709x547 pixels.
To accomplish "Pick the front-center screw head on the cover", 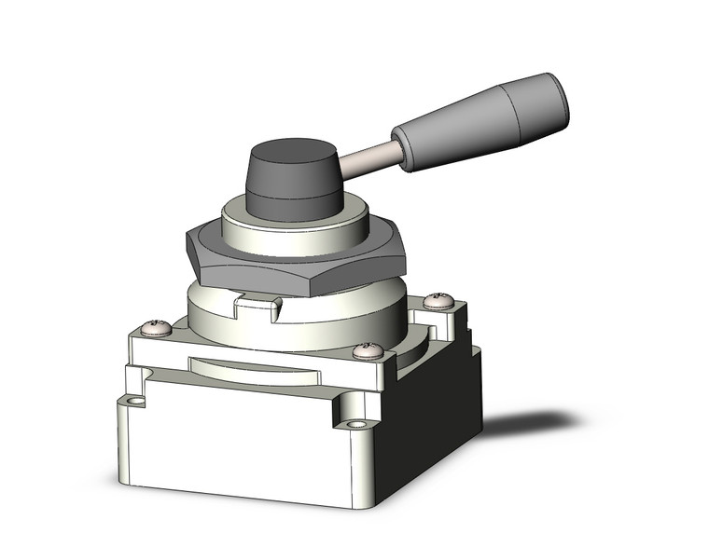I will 368,351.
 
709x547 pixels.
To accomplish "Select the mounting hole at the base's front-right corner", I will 357,428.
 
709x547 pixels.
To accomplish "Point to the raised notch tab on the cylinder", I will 257,302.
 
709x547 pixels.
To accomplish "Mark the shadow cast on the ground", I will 532,424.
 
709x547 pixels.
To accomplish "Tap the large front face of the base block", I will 233,447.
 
